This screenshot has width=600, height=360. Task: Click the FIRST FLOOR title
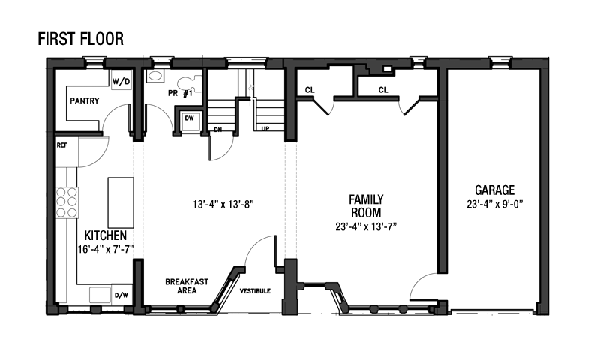[x=80, y=39]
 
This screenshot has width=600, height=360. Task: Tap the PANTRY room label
[x=85, y=100]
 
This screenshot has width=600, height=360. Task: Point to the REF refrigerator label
[x=62, y=145]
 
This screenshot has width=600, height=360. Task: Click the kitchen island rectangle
[x=121, y=202]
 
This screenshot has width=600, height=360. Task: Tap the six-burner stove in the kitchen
[x=67, y=202]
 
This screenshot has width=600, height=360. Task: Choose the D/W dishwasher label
[x=121, y=295]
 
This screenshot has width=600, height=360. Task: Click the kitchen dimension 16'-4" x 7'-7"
[x=106, y=250]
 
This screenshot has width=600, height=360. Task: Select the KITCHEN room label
[x=106, y=235]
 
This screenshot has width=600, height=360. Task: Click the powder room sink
[x=155, y=75]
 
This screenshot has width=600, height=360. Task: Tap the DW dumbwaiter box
[x=190, y=119]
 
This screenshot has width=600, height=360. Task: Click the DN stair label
[x=217, y=130]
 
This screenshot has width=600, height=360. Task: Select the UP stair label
[x=265, y=128]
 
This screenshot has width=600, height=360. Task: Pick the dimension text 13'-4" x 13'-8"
[x=223, y=205]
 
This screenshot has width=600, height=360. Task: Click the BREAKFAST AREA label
[x=187, y=286]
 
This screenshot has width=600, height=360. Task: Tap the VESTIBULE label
[x=255, y=291]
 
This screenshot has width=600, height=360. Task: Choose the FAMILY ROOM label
[x=366, y=205]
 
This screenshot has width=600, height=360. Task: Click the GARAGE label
[x=494, y=190]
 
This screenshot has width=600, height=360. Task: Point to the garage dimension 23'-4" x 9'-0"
[x=494, y=204]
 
